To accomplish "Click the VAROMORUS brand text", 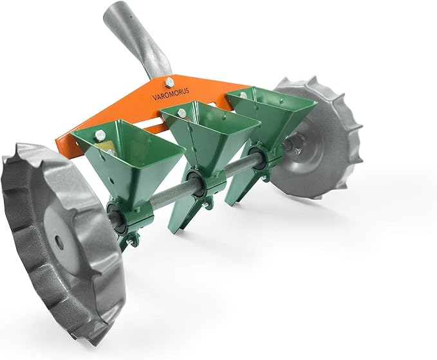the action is coord(171,94).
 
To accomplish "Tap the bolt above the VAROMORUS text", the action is coord(169,82).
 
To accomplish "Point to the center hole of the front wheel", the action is coord(58,239).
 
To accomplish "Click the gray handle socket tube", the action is coord(137,40).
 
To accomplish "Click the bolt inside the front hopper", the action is coord(100,135).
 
